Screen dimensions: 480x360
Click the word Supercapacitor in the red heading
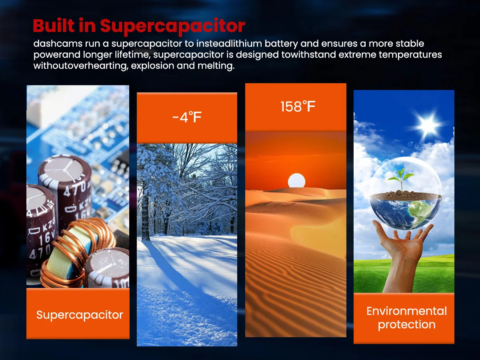pyautogui.click(x=172, y=26)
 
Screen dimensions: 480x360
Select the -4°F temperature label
pyautogui.click(x=187, y=117)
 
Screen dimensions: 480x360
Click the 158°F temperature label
pyautogui.click(x=298, y=107)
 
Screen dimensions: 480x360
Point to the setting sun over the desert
pyautogui.click(x=296, y=180)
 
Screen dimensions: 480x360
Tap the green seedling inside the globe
pyautogui.click(x=401, y=179)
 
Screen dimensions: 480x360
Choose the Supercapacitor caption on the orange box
pyautogui.click(x=80, y=315)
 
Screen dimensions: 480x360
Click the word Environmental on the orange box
pyautogui.click(x=406, y=311)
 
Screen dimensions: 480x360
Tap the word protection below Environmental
pyautogui.click(x=406, y=324)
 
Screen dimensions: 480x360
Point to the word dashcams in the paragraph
pyautogui.click(x=58, y=44)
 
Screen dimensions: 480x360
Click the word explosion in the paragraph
pyautogui.click(x=152, y=66)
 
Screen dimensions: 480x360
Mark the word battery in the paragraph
pyautogui.click(x=281, y=44)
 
